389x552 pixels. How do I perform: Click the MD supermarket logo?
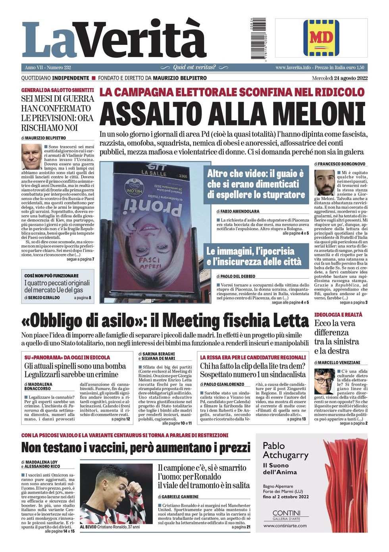(321, 38)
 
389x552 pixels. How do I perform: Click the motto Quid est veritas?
(194, 67)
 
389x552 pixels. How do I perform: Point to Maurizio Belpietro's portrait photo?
(31, 156)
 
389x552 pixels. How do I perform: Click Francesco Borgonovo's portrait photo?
(324, 182)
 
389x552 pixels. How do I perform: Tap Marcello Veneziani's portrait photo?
(324, 381)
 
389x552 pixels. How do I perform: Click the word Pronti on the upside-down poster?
(152, 208)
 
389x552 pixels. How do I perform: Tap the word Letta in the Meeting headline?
(289, 321)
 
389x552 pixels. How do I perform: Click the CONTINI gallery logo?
(286, 514)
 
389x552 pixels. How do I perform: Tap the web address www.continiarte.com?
(285, 526)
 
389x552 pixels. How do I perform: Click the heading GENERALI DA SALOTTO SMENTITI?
(58, 90)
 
